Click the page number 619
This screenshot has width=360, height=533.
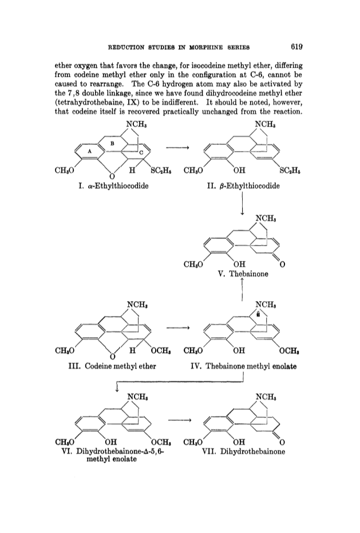tap(296, 47)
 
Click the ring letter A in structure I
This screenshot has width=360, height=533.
tap(90, 151)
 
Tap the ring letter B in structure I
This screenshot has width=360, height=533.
tap(112, 144)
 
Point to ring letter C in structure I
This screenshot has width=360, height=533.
tap(141, 153)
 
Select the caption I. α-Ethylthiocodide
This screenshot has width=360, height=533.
tap(113, 186)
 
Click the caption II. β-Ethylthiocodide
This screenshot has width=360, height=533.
tap(243, 186)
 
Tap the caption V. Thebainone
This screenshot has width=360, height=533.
tap(243, 274)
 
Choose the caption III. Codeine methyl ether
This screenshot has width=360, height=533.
tap(112, 366)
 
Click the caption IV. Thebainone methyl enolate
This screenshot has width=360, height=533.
tap(243, 366)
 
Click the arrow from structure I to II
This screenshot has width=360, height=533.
tap(177, 148)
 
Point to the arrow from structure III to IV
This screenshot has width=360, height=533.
tap(177, 327)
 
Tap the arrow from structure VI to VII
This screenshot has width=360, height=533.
tap(180, 420)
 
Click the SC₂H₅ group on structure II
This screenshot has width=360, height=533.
tap(290, 170)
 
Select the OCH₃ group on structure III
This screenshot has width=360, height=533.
tap(161, 350)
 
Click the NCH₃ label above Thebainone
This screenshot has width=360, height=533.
tap(266, 218)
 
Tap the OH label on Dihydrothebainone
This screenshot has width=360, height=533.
tap(239, 442)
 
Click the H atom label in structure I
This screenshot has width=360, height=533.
tap(133, 169)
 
